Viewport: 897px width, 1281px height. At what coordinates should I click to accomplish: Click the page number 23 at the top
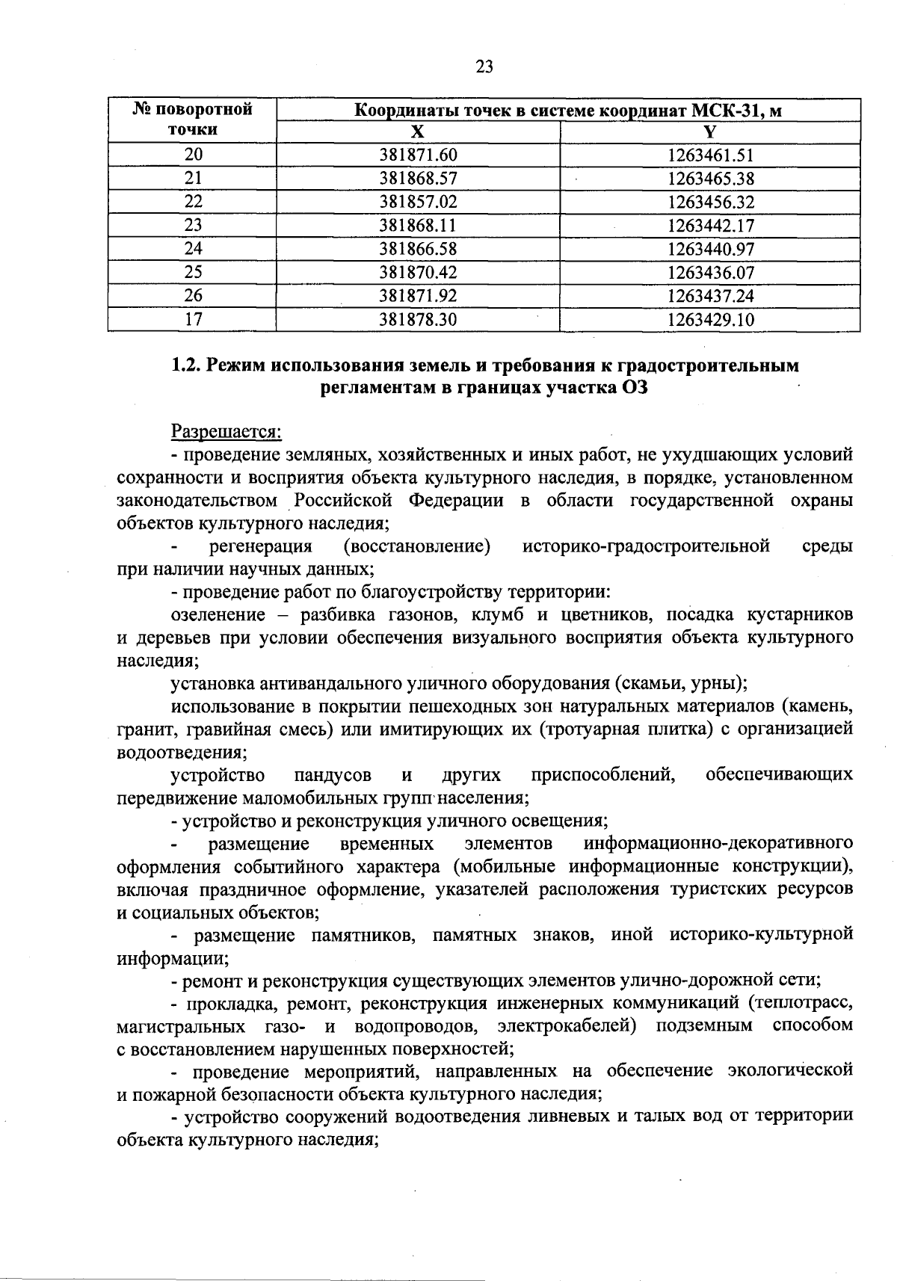484,67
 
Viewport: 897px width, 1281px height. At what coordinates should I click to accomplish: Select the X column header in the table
418,132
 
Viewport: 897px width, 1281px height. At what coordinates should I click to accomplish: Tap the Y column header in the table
710,132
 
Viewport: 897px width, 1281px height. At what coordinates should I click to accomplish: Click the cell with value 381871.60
418,155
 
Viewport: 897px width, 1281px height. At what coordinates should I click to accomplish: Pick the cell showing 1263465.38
710,179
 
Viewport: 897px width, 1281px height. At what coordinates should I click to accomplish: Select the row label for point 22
193,202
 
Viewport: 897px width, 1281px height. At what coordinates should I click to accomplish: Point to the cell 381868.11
418,226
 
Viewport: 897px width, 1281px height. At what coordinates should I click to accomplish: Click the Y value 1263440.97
710,249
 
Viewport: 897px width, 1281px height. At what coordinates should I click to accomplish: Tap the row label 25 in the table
193,272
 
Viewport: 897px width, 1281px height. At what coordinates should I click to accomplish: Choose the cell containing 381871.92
418,296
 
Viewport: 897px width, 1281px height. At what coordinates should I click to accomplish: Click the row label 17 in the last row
193,319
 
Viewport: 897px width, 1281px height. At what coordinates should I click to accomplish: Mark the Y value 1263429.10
710,320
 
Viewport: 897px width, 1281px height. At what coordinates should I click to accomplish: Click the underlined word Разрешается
226,432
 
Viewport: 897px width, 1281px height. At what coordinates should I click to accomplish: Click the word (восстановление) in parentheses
416,546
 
